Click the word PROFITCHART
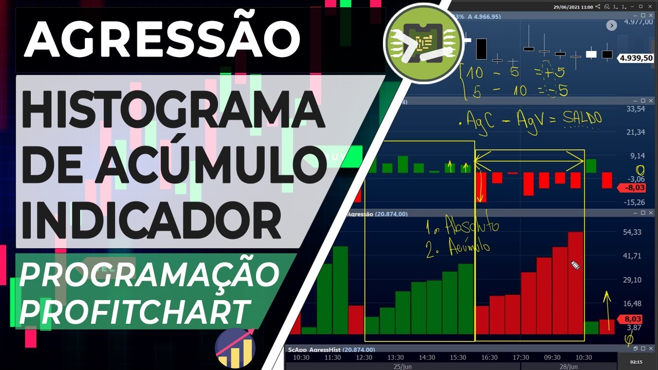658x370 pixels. pyautogui.click(x=135, y=309)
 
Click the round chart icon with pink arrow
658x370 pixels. pyautogui.click(x=234, y=348)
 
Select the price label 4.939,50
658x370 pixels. pyautogui.click(x=636, y=58)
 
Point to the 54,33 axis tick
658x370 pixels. pyautogui.click(x=632, y=232)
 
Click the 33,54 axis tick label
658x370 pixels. pyautogui.click(x=634, y=109)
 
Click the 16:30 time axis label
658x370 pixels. pyautogui.click(x=489, y=357)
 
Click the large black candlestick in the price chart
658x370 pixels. pyautogui.click(x=481, y=49)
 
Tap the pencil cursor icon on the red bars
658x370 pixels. pyautogui.click(x=575, y=266)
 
